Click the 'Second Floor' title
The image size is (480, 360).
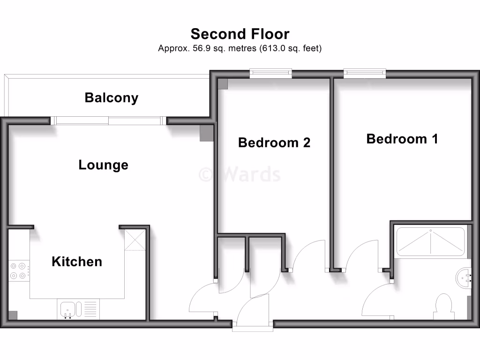coord(240,34)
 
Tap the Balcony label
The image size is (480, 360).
coord(112,97)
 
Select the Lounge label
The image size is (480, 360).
coord(103,165)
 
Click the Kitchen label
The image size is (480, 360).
coord(77,261)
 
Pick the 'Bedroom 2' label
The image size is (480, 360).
coord(274,142)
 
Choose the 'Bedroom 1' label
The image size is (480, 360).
coord(402,139)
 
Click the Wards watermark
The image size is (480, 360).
coord(240,174)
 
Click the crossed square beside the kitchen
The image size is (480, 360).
coord(135,240)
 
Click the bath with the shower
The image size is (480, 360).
coord(430,241)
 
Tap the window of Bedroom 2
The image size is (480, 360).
coord(270,73)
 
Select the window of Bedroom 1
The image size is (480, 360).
coord(364,73)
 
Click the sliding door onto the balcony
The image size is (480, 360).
coord(109,121)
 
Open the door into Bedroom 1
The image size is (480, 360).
coord(361,255)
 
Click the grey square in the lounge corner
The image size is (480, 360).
coord(206,133)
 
